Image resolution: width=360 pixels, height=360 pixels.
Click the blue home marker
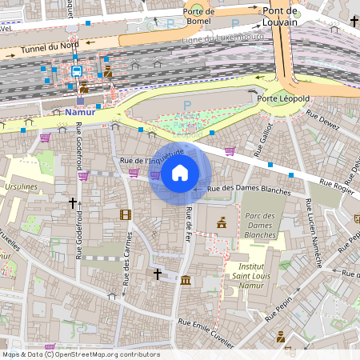point(180,173)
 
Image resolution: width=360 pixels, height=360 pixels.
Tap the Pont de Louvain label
point(291,17)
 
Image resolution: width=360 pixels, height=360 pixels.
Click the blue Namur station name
point(80,113)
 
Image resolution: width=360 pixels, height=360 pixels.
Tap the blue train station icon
point(76,71)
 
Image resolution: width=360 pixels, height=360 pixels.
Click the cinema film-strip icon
point(125,214)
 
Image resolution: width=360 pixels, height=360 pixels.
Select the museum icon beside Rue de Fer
point(186,280)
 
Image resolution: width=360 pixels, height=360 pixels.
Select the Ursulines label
point(20,186)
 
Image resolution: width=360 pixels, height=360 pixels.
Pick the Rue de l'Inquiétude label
point(152,157)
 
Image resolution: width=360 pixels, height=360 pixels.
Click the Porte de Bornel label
point(198,16)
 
